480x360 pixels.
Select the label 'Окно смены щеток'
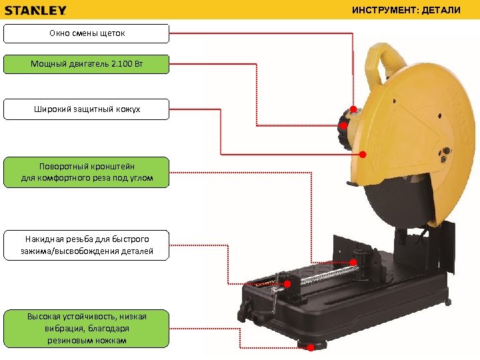tap(87, 33)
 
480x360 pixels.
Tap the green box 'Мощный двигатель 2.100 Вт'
tap(87, 64)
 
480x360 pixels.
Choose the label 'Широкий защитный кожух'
tap(87, 109)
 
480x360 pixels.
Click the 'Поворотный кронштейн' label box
tap(87, 172)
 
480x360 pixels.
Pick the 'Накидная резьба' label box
tap(87, 245)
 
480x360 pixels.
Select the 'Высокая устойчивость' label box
tap(87, 328)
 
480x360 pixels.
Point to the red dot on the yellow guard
tap(363, 155)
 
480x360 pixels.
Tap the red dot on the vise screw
tap(287, 284)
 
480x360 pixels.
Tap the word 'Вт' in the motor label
tap(138, 64)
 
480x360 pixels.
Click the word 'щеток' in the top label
tap(113, 33)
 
